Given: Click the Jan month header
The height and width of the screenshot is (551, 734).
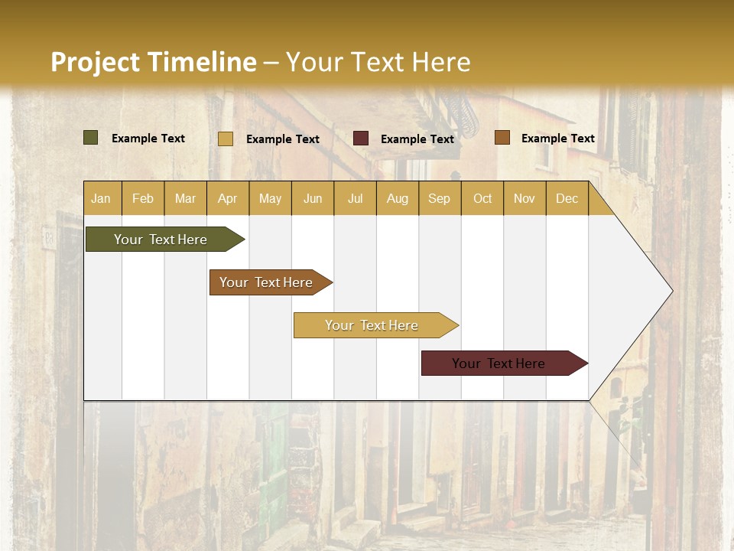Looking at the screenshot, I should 101,198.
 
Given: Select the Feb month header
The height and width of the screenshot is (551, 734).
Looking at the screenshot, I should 143,198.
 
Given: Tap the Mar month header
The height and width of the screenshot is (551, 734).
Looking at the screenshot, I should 185,198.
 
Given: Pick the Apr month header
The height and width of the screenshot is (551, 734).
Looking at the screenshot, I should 227,198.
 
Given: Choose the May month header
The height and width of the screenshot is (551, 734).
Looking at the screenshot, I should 270,198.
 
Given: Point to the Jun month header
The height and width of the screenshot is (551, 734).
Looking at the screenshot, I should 313,198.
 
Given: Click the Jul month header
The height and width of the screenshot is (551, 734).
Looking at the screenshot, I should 355,198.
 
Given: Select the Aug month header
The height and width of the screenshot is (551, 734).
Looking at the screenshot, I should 397,198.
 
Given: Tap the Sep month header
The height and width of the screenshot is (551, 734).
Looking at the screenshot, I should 439,198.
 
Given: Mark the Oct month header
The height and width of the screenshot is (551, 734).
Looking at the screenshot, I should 482,198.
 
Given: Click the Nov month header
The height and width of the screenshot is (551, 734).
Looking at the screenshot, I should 525,198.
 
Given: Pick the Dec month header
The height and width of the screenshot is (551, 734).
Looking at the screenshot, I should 567,198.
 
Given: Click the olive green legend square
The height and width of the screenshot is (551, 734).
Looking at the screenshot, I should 91,138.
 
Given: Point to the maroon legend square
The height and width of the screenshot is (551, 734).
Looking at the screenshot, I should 361,139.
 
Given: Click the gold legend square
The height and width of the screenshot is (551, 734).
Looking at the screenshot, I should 226,139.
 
